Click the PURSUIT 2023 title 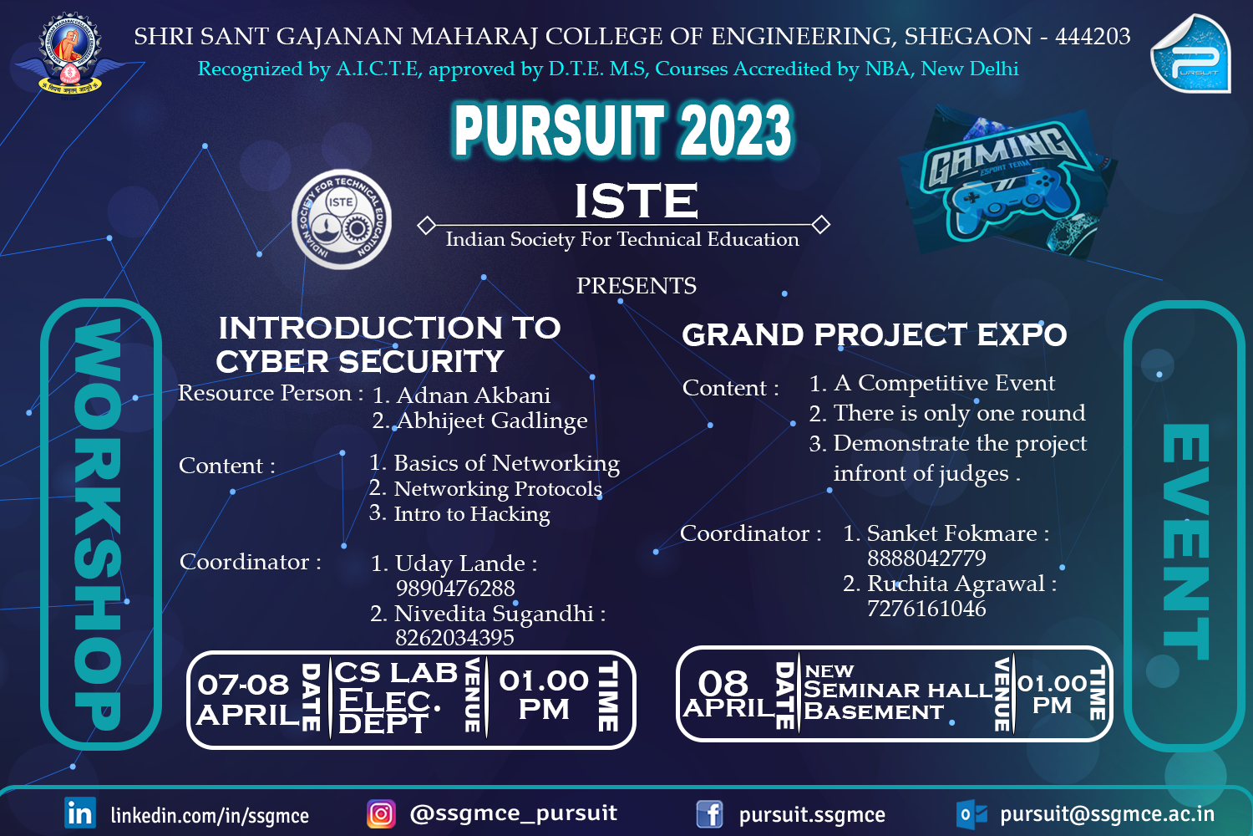point(622,130)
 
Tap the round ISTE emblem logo point(341,220)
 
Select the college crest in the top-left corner point(70,52)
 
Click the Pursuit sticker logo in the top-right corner point(1190,54)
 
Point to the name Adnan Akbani point(473,395)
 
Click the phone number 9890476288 point(455,589)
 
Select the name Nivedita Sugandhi point(493,614)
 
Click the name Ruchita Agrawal point(956,584)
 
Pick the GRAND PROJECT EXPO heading point(874,335)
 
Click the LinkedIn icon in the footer point(80,813)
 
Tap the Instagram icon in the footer point(381,813)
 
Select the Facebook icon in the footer point(709,813)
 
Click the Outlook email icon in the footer point(971,813)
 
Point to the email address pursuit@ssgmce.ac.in point(1107,814)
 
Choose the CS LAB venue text point(396,673)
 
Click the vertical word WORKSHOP point(99,524)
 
